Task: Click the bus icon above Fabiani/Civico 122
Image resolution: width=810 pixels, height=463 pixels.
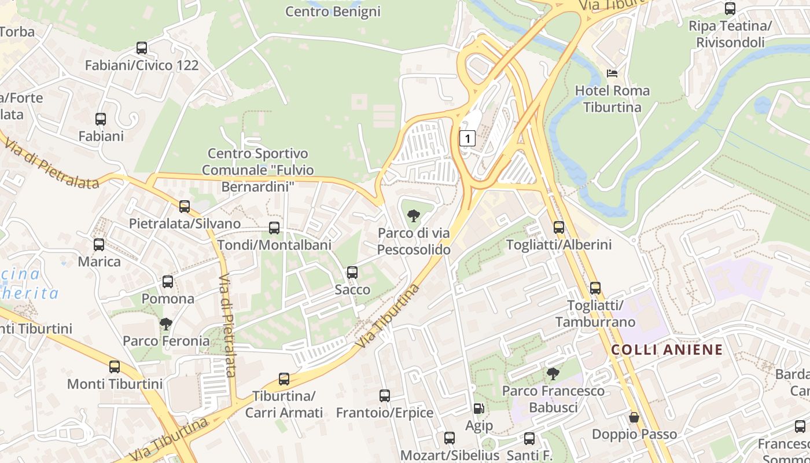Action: [x=142, y=48]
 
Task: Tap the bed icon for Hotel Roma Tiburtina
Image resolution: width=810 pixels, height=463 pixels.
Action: [x=612, y=74]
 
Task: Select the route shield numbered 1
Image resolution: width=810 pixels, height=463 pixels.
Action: [x=467, y=138]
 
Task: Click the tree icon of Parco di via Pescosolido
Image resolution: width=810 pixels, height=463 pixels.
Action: [x=414, y=216]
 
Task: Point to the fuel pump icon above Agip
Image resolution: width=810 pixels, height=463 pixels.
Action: [x=478, y=409]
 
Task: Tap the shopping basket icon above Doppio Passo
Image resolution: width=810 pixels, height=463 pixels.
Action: [x=634, y=417]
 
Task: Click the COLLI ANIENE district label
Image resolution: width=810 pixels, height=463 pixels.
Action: [x=667, y=350]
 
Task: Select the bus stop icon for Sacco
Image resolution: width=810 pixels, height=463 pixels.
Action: [x=352, y=273]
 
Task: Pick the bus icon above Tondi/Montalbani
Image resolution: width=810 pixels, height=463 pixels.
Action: [x=274, y=228]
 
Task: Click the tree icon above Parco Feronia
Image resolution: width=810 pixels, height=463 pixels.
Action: [x=166, y=324]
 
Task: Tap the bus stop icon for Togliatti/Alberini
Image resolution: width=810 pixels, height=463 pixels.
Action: [x=559, y=227]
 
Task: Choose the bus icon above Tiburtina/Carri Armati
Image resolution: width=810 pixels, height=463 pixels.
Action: [x=283, y=379]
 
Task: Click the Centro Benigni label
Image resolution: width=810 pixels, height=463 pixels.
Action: [x=333, y=11]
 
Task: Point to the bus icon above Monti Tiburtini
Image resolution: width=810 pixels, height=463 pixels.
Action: [x=115, y=367]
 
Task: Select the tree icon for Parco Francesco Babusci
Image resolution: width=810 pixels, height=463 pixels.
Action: [x=553, y=374]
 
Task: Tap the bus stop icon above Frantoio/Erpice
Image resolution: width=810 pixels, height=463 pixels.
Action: [x=385, y=396]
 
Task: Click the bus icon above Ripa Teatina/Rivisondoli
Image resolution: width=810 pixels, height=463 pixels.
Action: [x=730, y=9]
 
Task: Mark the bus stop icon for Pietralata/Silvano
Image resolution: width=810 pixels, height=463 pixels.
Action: [x=185, y=207]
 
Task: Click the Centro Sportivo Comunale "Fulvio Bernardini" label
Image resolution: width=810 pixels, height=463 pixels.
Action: [x=258, y=170]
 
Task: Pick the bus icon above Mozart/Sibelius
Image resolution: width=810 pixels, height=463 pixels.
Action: [x=450, y=438]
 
